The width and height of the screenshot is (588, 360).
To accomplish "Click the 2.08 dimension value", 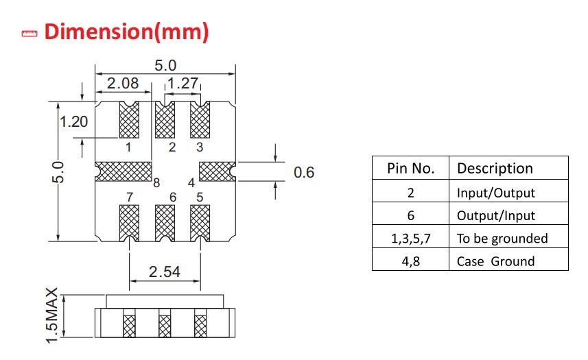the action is coord(123,83).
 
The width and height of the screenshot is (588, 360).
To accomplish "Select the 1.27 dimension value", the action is coord(183,83).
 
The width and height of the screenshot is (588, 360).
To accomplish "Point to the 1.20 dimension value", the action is coord(74,122).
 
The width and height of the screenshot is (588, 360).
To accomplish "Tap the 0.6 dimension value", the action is coord(304,172).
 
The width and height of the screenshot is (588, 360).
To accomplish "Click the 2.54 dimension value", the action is coord(165,272).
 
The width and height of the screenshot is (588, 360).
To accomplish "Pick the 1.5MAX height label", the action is coord(52,315).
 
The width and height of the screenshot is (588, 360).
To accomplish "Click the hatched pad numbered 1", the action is coord(129,120).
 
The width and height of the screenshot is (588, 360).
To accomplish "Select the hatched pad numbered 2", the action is coord(165,120).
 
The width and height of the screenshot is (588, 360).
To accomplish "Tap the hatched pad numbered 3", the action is coord(200,120).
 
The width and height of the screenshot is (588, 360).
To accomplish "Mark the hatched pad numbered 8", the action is coord(124,171).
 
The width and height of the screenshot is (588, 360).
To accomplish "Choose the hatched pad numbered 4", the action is coord(217,171).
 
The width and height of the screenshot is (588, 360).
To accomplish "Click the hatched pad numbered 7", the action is coord(129,224).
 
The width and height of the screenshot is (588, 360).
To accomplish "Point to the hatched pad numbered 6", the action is coord(165,224).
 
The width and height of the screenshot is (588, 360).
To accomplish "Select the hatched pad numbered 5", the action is coord(200,224).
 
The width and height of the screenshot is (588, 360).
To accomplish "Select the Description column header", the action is coord(508,168).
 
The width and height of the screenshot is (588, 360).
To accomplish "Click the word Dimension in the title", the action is coord(99,32).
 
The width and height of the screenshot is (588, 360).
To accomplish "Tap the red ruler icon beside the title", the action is coord(30,34).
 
